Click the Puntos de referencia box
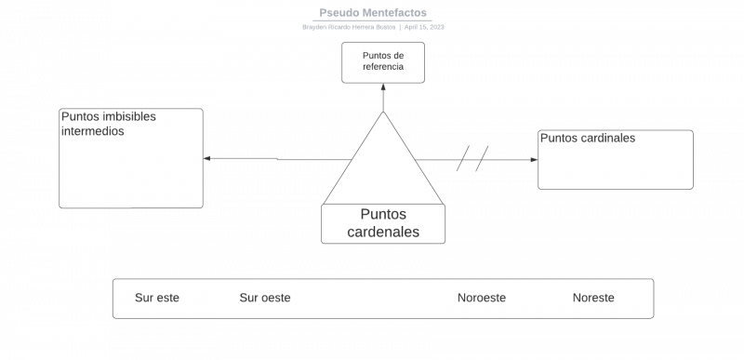click(383, 61)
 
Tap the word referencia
click(383, 67)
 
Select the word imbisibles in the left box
click(124, 117)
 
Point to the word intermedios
click(92, 131)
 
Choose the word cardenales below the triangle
click(383, 233)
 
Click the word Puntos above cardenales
click(383, 214)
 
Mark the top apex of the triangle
click(383, 113)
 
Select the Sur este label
click(157, 298)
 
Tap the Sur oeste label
click(265, 298)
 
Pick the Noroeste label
click(482, 298)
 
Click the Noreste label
click(593, 298)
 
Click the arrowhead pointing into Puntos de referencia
click(383, 87)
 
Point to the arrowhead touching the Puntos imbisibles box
click(207, 159)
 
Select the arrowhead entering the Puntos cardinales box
click(533, 160)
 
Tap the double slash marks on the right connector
click(472, 160)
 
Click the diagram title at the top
click(373, 13)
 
